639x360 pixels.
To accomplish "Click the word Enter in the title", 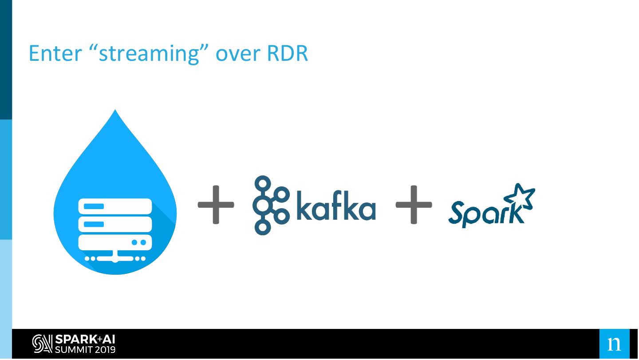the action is [x=55, y=53].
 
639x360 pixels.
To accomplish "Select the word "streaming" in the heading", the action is [x=149, y=54].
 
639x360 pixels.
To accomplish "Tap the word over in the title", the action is [x=238, y=55].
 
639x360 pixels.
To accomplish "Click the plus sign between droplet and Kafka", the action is [x=216, y=205].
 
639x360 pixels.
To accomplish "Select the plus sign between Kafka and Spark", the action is [x=414, y=205].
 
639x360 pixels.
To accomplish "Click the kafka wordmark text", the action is [x=336, y=206].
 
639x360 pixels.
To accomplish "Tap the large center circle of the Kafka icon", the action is [x=262, y=206].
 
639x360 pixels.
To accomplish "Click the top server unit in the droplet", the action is [x=115, y=206].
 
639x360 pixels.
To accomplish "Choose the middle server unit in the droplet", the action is [x=115, y=224].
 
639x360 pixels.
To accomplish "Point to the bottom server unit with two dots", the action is [x=115, y=242].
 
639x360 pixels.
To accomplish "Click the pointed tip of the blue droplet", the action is [x=115, y=110].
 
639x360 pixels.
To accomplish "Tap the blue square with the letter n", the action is [x=614, y=344].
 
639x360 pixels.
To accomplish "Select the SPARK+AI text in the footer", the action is [x=85, y=340].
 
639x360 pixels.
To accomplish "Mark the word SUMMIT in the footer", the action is [x=74, y=350].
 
